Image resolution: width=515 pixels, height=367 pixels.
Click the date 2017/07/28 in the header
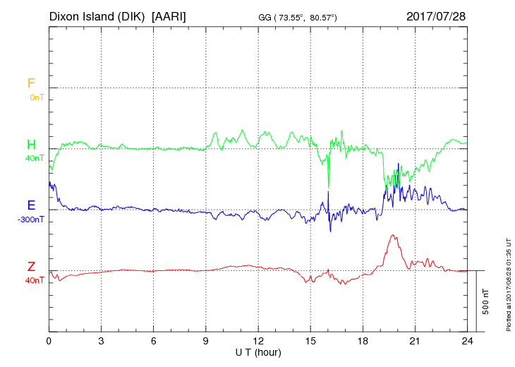tap(435, 16)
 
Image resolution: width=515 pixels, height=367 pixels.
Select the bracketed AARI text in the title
tap(170, 16)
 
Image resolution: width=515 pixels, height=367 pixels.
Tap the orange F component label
tap(31, 84)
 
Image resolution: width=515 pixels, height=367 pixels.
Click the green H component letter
tap(31, 145)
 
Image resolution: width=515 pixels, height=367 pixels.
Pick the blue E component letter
tap(31, 206)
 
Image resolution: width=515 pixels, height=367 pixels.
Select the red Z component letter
tap(31, 267)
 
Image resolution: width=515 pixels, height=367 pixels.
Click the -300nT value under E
tap(31, 219)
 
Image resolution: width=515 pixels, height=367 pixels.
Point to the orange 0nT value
tap(36, 97)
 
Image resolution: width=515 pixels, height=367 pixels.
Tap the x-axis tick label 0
tap(49, 341)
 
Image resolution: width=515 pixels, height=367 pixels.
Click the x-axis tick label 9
tap(206, 341)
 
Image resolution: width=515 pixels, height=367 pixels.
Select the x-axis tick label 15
tap(310, 341)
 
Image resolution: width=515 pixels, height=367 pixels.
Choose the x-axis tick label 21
tap(415, 341)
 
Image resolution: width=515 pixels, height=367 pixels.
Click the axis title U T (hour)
tap(257, 352)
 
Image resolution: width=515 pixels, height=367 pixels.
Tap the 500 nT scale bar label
tap(486, 301)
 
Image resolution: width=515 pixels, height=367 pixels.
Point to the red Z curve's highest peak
tap(392, 236)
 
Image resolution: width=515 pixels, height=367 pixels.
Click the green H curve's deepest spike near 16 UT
tap(328, 188)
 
